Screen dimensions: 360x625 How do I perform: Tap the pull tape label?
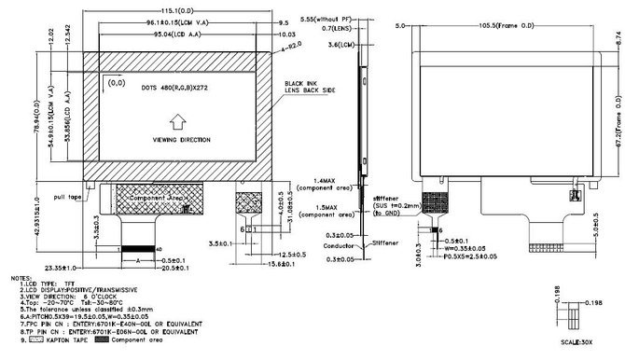(71, 197)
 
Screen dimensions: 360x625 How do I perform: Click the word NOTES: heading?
(21, 278)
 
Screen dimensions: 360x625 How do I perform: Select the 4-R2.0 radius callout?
(288, 45)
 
